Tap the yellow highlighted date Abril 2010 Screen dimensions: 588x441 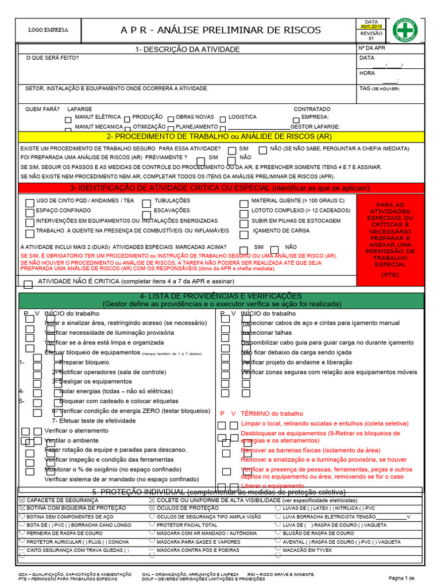[371, 26]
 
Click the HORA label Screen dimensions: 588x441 [367, 73]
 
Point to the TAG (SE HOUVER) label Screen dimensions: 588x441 [378, 89]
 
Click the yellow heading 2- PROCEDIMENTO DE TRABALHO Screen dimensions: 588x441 [219, 137]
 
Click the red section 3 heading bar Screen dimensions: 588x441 [219, 188]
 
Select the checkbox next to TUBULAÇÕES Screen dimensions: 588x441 [146, 202]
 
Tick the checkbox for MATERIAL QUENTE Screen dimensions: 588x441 [244, 202]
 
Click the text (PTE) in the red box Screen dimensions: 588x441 [390, 275]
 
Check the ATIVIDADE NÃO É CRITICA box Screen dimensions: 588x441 [28, 284]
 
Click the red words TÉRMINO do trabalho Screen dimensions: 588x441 [272, 413]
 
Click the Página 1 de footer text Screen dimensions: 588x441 [401, 577]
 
